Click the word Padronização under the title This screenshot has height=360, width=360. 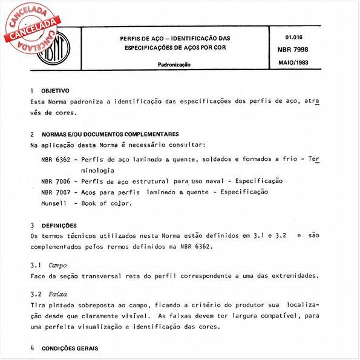(175, 64)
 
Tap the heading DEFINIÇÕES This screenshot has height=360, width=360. (59, 224)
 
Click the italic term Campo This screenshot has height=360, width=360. (58, 264)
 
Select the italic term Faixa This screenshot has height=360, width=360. (58, 294)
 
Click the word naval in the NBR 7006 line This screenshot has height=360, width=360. (215, 181)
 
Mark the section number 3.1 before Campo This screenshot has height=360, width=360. (36, 264)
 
